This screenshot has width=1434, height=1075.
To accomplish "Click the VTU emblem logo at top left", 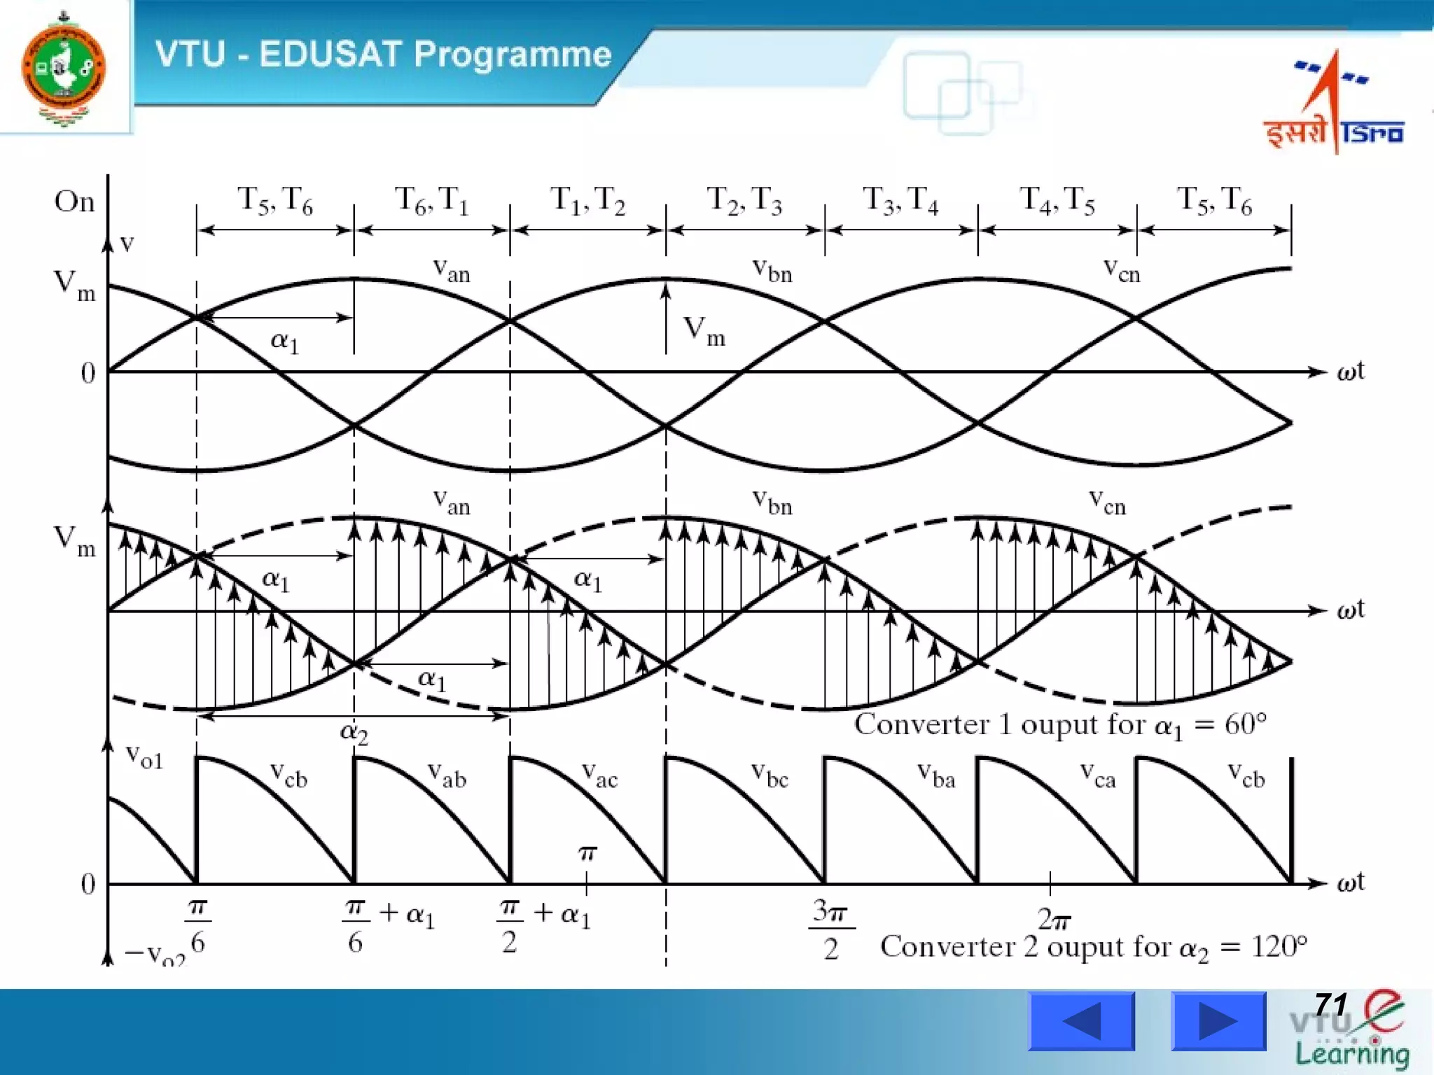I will click(x=64, y=69).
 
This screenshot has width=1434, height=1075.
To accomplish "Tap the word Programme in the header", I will click(x=513, y=55).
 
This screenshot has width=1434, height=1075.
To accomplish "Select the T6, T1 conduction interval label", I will click(x=431, y=201).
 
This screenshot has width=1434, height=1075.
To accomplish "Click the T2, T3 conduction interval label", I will click(x=744, y=201).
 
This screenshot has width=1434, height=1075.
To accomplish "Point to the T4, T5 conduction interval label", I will click(x=1057, y=201).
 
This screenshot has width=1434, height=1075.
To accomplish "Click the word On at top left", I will click(x=74, y=202).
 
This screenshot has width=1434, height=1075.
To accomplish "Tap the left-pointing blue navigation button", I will click(x=1081, y=1021).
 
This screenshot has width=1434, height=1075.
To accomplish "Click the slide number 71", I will click(x=1331, y=1005).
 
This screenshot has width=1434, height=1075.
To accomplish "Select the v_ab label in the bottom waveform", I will click(x=447, y=775).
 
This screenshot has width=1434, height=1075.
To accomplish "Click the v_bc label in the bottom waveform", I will click(x=770, y=775).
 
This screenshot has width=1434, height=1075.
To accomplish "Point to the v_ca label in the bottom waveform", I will click(x=1097, y=775).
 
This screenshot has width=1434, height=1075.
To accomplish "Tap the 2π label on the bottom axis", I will click(x=1054, y=919).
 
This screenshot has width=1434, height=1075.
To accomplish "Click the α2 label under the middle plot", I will click(x=354, y=732).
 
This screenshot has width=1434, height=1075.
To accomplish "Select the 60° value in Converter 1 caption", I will click(x=1245, y=724).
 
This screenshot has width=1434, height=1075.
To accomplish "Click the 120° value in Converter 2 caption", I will click(x=1279, y=946).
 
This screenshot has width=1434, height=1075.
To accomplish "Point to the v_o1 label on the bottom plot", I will click(x=144, y=757).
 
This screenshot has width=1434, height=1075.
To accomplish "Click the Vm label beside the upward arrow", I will click(x=704, y=330).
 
